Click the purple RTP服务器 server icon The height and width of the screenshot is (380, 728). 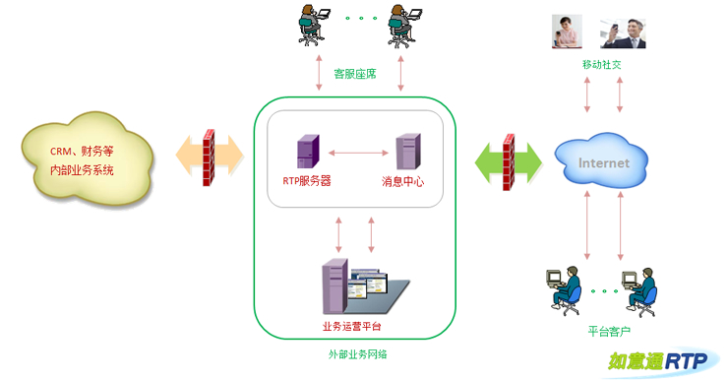308,151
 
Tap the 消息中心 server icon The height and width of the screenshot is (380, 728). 408,152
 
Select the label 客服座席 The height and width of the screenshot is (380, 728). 355,74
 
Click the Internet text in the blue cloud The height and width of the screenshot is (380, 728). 604,163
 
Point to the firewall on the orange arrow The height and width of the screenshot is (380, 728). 209,157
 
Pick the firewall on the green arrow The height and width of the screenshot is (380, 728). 509,161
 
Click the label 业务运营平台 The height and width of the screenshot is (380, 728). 351,327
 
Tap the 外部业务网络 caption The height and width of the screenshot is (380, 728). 357,354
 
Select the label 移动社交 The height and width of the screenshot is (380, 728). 602,65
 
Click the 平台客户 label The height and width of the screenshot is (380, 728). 609,331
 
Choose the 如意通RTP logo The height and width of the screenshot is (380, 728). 658,361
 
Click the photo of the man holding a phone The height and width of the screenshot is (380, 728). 623,33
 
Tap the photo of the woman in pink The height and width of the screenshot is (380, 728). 567,32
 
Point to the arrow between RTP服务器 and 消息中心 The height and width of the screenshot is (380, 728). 358,153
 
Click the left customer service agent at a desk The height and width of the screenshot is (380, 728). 314,25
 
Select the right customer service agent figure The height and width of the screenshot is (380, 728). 404,26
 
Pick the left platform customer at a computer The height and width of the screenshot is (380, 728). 564,290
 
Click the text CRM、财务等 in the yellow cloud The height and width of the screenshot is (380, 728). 82,152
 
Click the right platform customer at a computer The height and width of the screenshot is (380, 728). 639,292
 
